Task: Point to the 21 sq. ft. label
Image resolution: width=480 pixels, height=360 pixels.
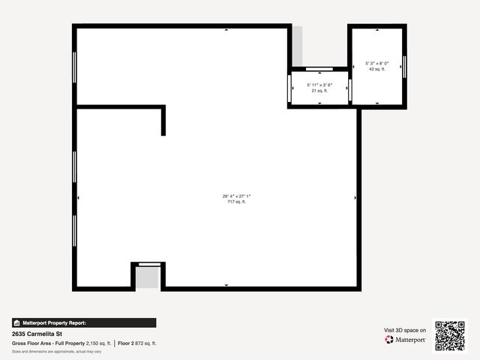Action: pyautogui.click(x=319, y=91)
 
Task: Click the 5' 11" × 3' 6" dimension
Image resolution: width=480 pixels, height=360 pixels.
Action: pyautogui.click(x=319, y=85)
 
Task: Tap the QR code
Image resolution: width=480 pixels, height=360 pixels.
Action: pyautogui.click(x=450, y=336)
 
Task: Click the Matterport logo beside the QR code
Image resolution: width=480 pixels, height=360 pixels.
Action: pyautogui.click(x=406, y=340)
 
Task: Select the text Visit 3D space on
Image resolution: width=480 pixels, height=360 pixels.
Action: pyautogui.click(x=405, y=330)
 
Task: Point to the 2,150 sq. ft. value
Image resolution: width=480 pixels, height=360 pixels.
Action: pyautogui.click(x=98, y=343)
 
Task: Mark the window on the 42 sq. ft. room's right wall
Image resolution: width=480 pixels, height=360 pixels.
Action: pyautogui.click(x=404, y=66)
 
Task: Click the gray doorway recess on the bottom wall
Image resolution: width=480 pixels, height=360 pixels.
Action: pyautogui.click(x=148, y=277)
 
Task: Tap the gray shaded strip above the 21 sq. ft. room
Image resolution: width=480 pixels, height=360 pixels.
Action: pyautogui.click(x=297, y=46)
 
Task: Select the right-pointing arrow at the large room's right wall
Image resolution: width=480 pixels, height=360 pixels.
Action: pyautogui.click(x=355, y=197)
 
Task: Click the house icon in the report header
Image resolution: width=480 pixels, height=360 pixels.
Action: pyautogui.click(x=16, y=322)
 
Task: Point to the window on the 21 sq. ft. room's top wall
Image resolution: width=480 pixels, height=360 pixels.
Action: pyautogui.click(x=319, y=69)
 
